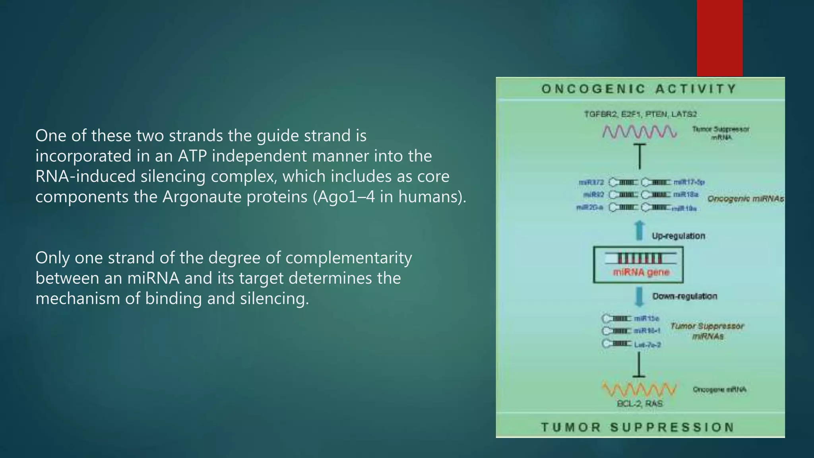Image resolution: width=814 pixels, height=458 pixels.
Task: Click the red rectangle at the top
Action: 719,38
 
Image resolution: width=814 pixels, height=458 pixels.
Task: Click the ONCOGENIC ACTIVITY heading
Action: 640,89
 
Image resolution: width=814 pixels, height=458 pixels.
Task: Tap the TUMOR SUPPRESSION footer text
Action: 638,427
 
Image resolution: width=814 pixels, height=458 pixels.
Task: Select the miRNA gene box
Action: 638,265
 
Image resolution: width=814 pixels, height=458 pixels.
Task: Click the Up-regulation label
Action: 678,236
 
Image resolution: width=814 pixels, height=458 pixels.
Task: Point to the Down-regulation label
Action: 684,296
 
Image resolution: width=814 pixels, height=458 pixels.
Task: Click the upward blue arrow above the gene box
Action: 639,231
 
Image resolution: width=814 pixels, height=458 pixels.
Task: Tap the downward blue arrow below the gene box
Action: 639,297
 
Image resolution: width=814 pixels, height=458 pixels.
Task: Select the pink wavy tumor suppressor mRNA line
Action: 639,132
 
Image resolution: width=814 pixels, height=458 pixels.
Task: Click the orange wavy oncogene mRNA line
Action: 639,390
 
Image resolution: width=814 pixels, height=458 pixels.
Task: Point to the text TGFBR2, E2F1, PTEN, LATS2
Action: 640,114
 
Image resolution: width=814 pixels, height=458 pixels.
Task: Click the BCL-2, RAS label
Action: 640,404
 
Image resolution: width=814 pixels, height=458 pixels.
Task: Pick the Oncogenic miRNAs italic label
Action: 745,199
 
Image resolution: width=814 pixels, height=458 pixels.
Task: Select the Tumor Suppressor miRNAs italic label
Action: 707,331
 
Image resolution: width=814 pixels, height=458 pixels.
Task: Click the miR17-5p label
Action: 689,182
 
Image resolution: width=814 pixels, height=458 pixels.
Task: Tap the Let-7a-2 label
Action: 647,345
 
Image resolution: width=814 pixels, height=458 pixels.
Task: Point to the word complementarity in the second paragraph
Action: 349,258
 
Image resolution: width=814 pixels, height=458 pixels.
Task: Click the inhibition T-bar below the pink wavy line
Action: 640,157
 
